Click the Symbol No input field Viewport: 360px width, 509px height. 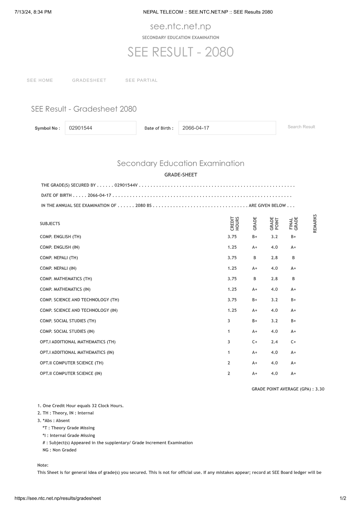tap(100, 128)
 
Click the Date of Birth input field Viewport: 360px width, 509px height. tap(227, 128)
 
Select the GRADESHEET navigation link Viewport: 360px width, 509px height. tap(89, 80)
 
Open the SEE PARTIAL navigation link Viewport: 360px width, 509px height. tap(141, 80)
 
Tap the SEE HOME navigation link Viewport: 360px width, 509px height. tap(40, 80)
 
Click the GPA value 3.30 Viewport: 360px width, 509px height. tap(320, 389)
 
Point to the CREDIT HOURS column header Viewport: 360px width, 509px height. tap(234, 224)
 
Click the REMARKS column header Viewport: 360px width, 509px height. tap(315, 224)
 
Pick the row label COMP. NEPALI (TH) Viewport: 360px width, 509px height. tap(59, 258)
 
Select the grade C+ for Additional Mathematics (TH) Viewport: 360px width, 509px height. tap(254, 342)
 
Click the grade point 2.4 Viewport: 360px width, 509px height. tap(274, 342)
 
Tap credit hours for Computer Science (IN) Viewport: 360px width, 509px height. tap(229, 373)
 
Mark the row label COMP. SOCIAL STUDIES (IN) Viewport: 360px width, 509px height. tap(67, 331)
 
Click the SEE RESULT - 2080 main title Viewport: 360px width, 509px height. tap(180, 52)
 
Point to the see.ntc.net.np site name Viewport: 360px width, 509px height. tap(180, 26)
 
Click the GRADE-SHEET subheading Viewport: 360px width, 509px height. tap(181, 175)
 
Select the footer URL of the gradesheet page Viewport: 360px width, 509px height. tap(58, 498)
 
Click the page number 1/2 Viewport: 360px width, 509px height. tap(343, 498)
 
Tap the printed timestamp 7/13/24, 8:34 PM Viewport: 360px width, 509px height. tap(33, 12)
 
